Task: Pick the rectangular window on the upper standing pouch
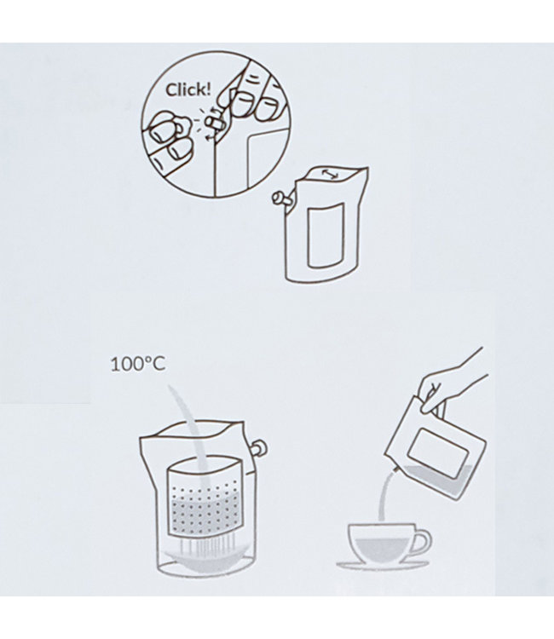click(x=326, y=233)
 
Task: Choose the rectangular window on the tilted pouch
click(x=444, y=452)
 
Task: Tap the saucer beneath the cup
click(x=381, y=564)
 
